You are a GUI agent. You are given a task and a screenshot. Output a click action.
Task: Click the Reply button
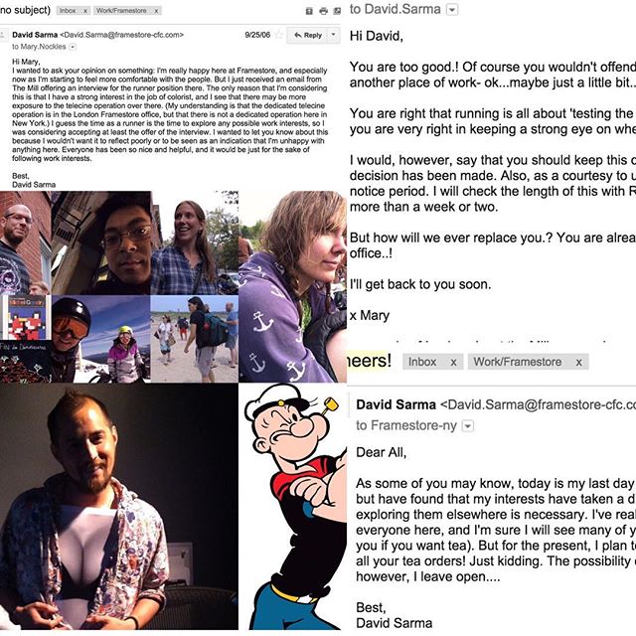(307, 34)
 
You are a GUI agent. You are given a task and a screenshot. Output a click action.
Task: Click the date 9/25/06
(257, 34)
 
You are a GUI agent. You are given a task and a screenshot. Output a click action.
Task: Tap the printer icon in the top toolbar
(308, 11)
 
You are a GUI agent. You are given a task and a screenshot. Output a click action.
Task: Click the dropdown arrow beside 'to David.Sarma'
(453, 10)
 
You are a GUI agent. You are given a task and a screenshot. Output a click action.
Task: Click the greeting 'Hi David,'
(384, 38)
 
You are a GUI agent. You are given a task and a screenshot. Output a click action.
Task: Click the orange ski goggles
(69, 326)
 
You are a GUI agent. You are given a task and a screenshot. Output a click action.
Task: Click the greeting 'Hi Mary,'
(26, 62)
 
